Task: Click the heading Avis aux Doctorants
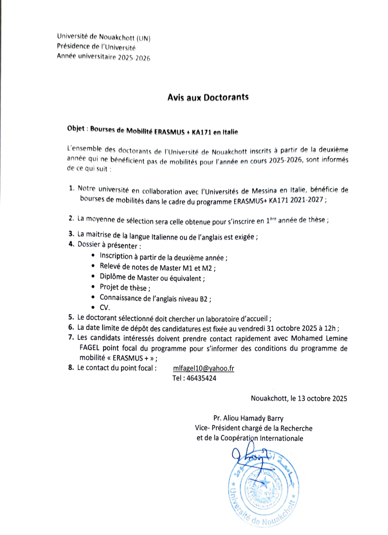coord(208,97)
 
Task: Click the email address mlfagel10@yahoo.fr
coord(203,368)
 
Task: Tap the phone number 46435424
coord(201,378)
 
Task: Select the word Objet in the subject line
coord(76,129)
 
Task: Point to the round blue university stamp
coord(262,489)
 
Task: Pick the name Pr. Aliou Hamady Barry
coord(248,418)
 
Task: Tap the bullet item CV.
coord(105,308)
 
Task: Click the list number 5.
coord(71,317)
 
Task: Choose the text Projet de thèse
coord(123,287)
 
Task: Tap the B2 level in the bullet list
coord(204,299)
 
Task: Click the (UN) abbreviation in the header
coord(144,38)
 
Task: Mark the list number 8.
coord(71,368)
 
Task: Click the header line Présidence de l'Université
coord(96,47)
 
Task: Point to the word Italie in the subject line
coord(230,132)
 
